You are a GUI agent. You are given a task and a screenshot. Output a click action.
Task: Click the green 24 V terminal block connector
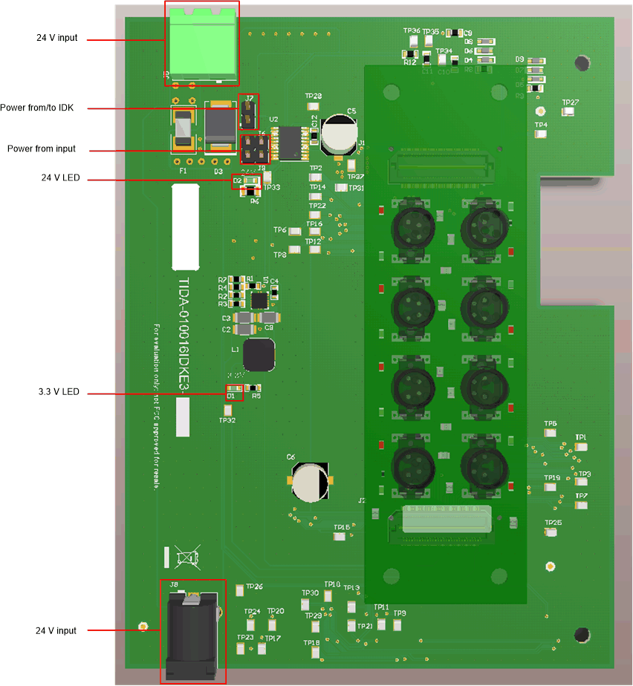201,42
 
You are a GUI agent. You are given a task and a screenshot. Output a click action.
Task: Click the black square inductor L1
259,356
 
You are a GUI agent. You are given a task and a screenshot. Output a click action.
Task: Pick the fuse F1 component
184,133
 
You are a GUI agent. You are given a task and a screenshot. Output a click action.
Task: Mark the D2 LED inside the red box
247,180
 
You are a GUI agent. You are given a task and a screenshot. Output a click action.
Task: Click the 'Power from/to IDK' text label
42,108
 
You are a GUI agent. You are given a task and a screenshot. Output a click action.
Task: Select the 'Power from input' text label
42,148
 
